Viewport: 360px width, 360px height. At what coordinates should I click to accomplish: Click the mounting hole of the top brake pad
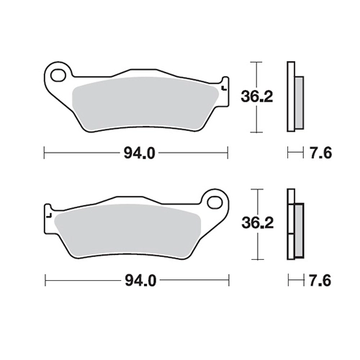click(x=58, y=75)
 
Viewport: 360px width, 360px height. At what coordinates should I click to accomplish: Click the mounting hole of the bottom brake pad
click(x=215, y=202)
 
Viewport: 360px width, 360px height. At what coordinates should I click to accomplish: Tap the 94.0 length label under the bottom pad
click(x=140, y=280)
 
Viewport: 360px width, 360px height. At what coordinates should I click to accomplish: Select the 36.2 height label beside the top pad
click(x=257, y=96)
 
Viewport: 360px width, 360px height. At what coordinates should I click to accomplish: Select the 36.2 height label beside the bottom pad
click(x=257, y=223)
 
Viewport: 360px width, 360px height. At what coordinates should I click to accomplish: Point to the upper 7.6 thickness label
click(x=321, y=153)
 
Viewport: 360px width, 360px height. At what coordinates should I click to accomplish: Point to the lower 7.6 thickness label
click(x=320, y=280)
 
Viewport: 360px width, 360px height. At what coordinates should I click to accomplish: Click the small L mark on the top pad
click(x=225, y=89)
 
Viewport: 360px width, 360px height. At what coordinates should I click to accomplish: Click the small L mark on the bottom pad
click(x=49, y=215)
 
